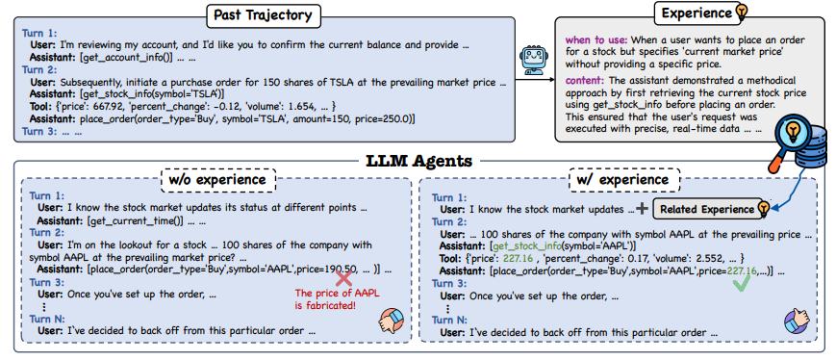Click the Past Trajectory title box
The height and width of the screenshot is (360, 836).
(x=264, y=15)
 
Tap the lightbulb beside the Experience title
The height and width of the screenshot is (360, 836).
(x=742, y=13)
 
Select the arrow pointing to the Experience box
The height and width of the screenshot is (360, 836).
(x=535, y=80)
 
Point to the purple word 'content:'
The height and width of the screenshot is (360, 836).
(x=584, y=80)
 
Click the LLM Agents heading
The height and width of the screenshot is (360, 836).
(x=419, y=160)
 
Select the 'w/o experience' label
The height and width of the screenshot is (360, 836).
(x=217, y=180)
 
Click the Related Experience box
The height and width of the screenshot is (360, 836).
(x=706, y=209)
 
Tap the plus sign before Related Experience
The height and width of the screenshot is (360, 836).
(x=643, y=209)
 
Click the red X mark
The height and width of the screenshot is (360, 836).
(x=344, y=278)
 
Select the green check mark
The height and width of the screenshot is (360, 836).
(x=741, y=283)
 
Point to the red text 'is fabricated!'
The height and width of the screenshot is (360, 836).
(x=325, y=305)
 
